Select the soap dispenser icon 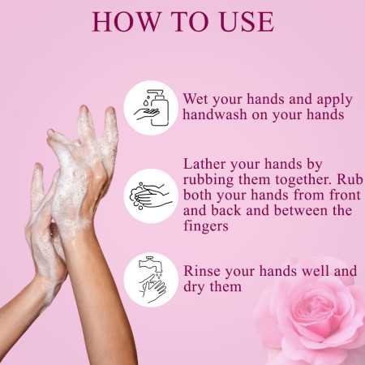151,107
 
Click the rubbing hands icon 151,195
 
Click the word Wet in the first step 199,100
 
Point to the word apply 334,100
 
